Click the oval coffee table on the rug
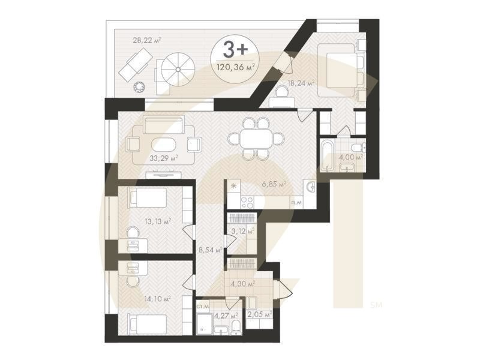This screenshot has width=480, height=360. (162, 145)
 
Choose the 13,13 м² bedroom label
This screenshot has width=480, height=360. (158, 221)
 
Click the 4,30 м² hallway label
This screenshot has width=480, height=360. (244, 283)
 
